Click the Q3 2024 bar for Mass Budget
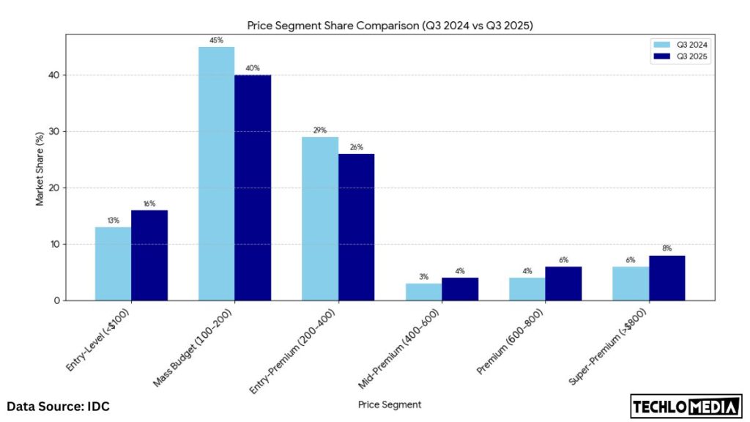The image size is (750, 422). pos(217,174)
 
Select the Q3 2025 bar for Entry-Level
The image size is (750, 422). pos(149,255)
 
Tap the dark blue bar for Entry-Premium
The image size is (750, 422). pos(356,227)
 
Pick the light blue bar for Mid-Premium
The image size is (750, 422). pos(423,292)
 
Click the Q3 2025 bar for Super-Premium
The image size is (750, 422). pos(667,278)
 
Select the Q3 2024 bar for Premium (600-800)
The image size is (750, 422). pos(527,289)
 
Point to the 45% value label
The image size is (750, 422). pos(216,40)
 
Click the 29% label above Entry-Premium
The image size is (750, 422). pos(320,130)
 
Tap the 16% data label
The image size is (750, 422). pos(149,204)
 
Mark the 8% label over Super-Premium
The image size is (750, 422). pos(667,248)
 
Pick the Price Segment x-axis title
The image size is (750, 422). pos(389,404)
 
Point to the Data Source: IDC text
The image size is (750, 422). pos(59,406)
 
